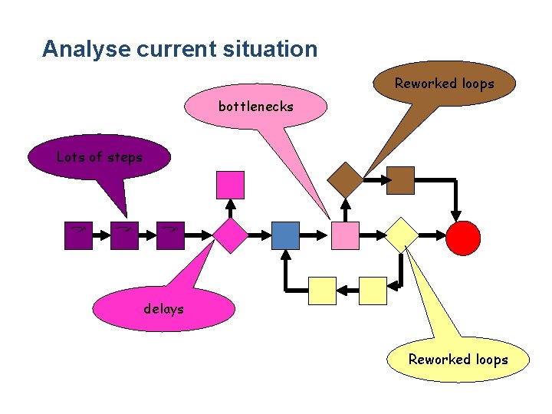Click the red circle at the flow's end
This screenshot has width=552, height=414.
[x=464, y=237]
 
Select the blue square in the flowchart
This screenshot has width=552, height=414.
[x=285, y=235]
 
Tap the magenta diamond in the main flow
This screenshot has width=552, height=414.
[x=230, y=235]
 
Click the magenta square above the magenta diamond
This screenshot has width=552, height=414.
[x=230, y=185]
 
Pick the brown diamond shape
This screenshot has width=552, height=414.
[x=345, y=179]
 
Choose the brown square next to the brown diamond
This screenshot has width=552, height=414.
[x=400, y=180]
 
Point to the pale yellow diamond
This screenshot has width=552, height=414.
[x=401, y=235]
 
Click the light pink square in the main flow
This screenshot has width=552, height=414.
[x=345, y=235]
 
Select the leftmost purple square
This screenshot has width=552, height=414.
[x=78, y=235]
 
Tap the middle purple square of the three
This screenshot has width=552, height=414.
[x=124, y=235]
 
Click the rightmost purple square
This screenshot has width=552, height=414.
[x=170, y=235]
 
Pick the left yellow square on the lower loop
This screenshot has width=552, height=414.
[x=322, y=291]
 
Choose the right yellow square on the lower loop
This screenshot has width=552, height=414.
[x=373, y=291]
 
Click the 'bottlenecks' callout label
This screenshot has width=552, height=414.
[x=255, y=107]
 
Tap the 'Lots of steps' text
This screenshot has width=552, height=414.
[x=100, y=157]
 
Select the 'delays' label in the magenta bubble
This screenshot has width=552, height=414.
[x=163, y=309]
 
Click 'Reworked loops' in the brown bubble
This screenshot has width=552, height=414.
[x=444, y=84]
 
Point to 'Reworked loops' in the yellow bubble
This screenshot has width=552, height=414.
[x=458, y=360]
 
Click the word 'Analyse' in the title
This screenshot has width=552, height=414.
[x=86, y=49]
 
